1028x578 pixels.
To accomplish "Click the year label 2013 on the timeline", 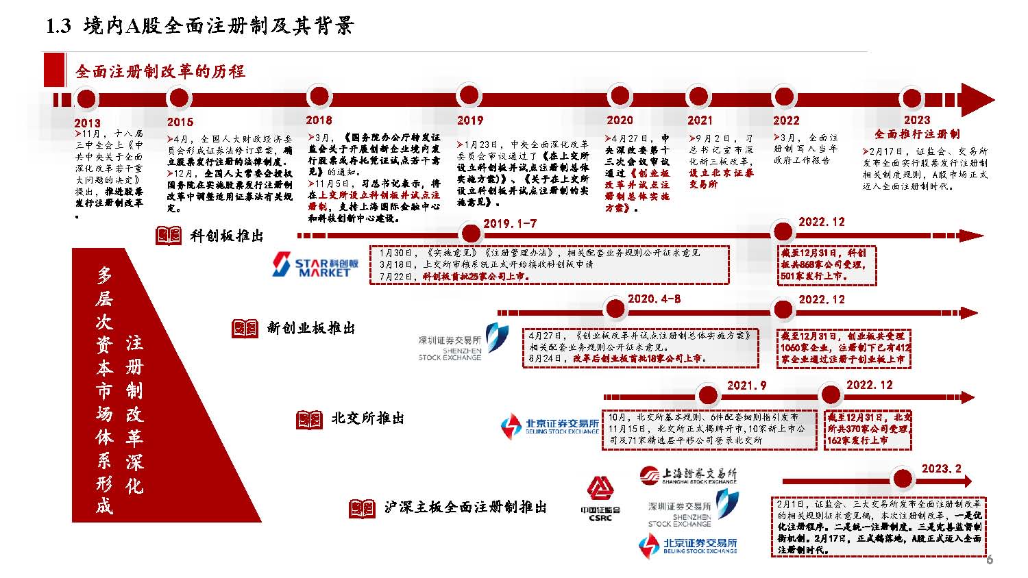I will point(87,123).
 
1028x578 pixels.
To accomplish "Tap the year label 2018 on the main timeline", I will point(319,120).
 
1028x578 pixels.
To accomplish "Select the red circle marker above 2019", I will point(469,96).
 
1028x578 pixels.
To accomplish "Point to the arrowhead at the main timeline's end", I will point(978,100).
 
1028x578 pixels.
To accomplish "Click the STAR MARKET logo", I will point(315,264).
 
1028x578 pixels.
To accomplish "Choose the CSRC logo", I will point(600,498).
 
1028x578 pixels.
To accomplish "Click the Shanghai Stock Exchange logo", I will point(688,475).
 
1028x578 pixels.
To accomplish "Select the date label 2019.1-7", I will point(510,224).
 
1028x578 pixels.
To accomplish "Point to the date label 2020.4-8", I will point(654,299).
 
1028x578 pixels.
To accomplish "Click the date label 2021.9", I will point(746,386).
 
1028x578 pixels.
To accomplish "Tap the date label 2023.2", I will point(941,468).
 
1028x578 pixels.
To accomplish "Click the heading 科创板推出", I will point(227,236).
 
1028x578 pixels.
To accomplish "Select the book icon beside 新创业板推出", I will point(245,329).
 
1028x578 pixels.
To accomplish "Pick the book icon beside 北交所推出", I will point(309,419).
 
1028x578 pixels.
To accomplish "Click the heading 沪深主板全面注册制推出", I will point(465,507).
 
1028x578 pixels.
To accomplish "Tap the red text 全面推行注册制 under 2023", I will point(916,134).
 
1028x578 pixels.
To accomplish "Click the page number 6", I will point(989,560).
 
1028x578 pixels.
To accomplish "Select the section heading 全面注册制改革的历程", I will point(160,71).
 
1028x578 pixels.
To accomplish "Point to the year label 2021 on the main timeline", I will point(700,121).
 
